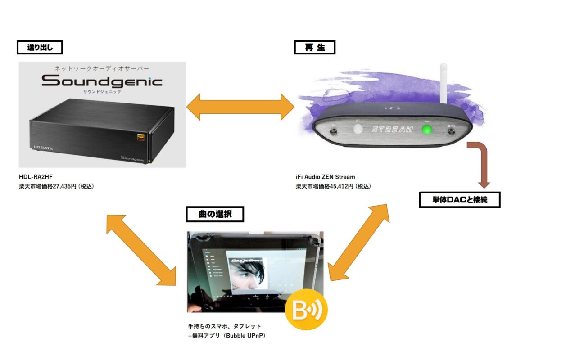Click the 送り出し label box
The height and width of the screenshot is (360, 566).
40,47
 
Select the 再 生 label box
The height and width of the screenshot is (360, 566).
314,48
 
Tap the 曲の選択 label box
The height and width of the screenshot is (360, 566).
215,214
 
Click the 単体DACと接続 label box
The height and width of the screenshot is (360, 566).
459,200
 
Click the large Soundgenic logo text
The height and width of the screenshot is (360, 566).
102,81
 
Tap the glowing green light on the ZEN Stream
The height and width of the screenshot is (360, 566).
426,130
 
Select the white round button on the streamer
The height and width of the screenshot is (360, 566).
358,130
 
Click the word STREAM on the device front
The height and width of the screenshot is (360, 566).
392,130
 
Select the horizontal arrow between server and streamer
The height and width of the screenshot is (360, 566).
240,107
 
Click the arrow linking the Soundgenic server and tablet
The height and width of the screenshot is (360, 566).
140,249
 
